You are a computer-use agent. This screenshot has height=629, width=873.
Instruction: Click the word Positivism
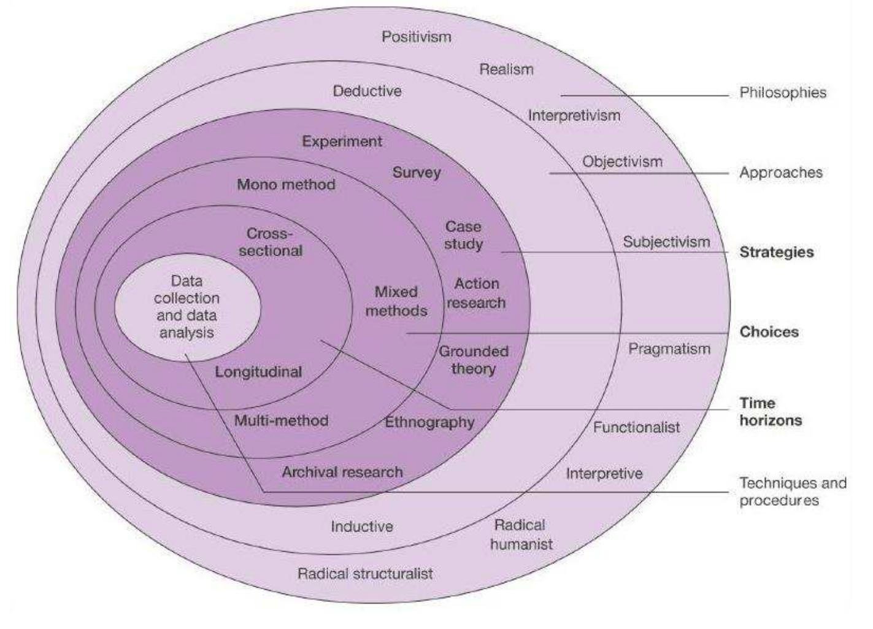[417, 37]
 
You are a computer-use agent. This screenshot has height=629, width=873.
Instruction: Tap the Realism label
[506, 69]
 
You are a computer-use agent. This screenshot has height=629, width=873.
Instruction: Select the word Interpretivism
[574, 115]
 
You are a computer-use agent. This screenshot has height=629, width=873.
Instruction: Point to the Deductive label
[367, 91]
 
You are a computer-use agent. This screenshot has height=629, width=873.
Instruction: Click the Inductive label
[362, 527]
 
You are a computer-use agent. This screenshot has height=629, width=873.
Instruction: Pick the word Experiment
[342, 141]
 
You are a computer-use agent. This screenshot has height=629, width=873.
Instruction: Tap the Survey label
[417, 172]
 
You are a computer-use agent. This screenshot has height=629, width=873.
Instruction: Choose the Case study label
[464, 236]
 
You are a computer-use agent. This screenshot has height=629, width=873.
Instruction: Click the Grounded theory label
[473, 360]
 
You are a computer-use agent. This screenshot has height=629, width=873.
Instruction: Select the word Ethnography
[429, 422]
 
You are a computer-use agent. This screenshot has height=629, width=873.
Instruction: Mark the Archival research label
[342, 472]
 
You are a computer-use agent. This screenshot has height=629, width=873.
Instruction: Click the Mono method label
[286, 184]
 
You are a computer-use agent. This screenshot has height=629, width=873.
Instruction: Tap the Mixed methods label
[396, 301]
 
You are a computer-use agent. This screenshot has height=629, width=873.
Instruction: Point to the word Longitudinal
[258, 372]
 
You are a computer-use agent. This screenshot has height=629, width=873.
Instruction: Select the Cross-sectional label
[271, 242]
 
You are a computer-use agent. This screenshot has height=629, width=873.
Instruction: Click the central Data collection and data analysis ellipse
[187, 307]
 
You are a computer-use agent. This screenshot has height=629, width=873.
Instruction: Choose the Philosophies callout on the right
[782, 93]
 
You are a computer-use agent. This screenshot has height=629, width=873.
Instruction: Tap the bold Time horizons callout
[770, 412]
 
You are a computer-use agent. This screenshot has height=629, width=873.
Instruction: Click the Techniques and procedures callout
[792, 492]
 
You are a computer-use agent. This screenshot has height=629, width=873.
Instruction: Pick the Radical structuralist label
[365, 574]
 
